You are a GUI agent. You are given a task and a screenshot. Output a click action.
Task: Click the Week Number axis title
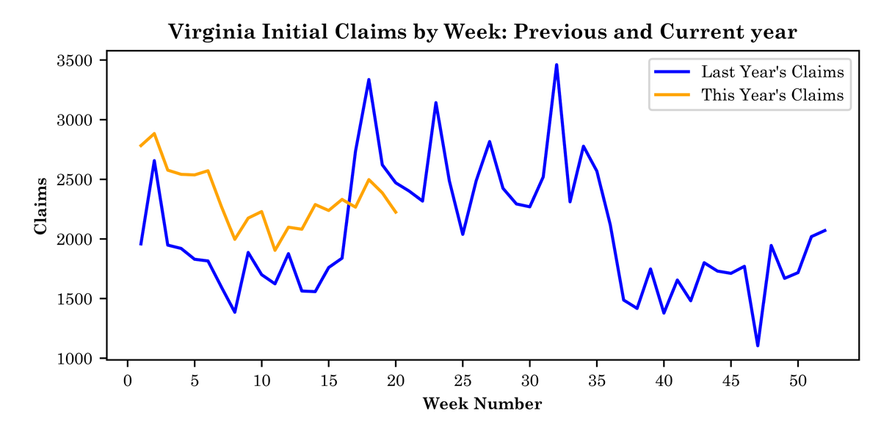pyautogui.click(x=482, y=404)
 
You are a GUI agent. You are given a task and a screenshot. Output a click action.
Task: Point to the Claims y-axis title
pyautogui.click(x=41, y=206)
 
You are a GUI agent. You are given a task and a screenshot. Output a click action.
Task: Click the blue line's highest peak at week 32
pyautogui.click(x=556, y=65)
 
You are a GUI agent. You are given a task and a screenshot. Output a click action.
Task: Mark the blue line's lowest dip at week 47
pyautogui.click(x=757, y=345)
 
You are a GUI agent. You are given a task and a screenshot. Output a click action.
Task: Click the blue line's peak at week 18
pyautogui.click(x=369, y=79)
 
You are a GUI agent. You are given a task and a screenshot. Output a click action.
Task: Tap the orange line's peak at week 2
pyautogui.click(x=154, y=133)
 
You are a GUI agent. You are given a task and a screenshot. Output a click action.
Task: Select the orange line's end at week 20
pyautogui.click(x=396, y=212)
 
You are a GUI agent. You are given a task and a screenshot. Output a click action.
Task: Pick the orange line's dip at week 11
pyautogui.click(x=275, y=251)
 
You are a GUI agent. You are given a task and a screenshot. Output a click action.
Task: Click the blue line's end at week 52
pyautogui.click(x=824, y=230)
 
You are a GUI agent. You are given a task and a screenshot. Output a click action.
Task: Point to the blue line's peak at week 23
pyautogui.click(x=436, y=103)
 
